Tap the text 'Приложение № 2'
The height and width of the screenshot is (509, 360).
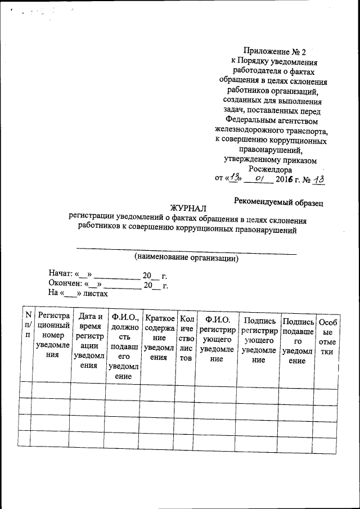[271, 51]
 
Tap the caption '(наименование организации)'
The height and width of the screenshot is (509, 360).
[186, 258]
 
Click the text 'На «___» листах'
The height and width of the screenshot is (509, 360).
[78, 293]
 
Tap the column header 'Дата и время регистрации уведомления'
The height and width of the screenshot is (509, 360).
[88, 340]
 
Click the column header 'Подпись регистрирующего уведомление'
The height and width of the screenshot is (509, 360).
[257, 340]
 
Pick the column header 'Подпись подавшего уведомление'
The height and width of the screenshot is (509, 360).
[298, 340]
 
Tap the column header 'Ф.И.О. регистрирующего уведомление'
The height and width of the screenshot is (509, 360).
[216, 340]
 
